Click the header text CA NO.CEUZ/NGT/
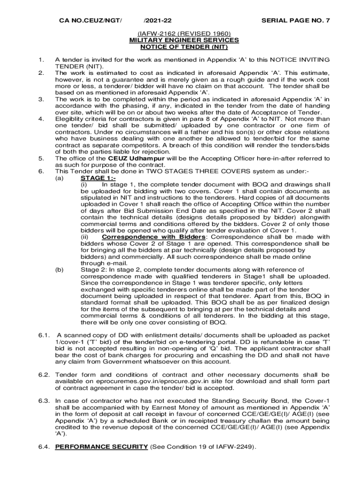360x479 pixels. click(x=90, y=21)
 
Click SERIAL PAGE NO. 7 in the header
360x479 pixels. click(x=295, y=21)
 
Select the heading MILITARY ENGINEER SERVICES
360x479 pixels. click(x=184, y=40)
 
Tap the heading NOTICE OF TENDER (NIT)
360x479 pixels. click(x=184, y=47)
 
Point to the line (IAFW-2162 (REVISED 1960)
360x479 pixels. click(x=184, y=34)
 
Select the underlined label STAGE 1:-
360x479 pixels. click(x=98, y=178)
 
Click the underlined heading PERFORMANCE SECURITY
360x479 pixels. click(x=101, y=447)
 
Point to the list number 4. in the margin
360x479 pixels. click(x=41, y=119)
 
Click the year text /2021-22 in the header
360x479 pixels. click(x=158, y=21)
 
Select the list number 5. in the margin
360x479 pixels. click(x=41, y=158)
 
